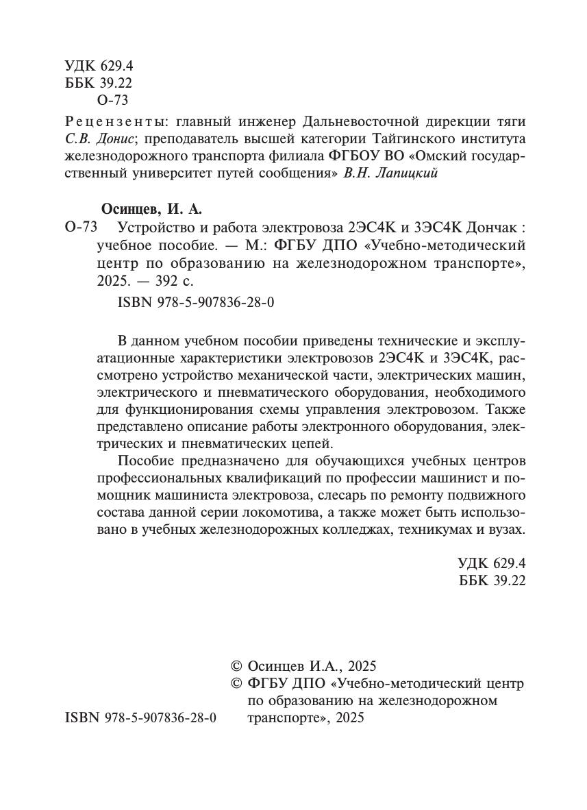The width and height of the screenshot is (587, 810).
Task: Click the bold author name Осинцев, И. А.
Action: pyautogui.click(x=152, y=209)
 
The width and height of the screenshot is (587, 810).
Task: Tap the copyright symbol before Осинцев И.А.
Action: pyautogui.click(x=237, y=666)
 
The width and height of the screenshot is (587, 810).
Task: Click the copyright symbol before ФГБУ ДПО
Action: pyautogui.click(x=237, y=683)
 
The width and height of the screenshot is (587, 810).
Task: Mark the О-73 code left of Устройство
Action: pyautogui.click(x=82, y=227)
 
